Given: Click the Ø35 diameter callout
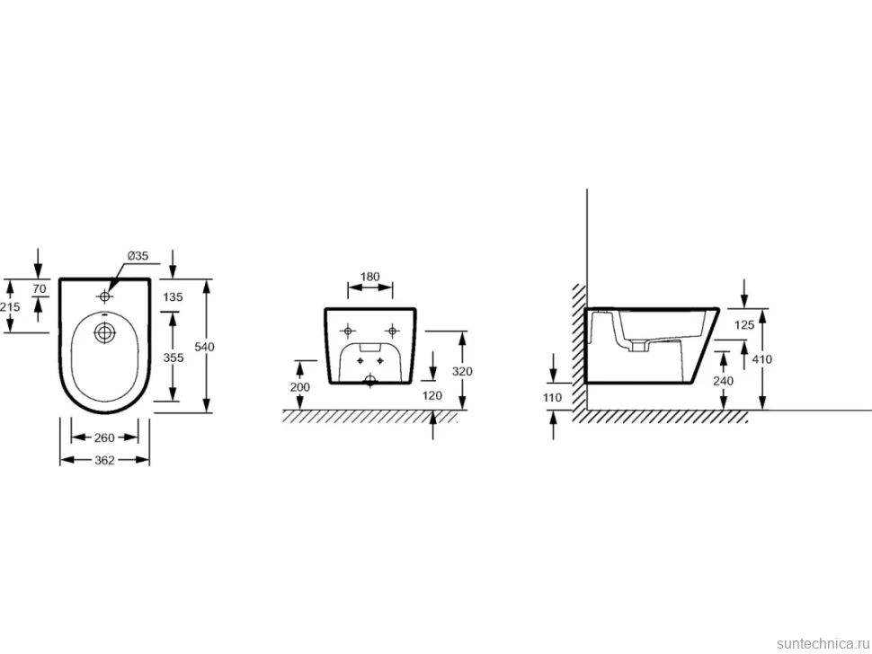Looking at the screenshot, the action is [x=138, y=256].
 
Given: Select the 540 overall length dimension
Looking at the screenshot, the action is [x=205, y=347].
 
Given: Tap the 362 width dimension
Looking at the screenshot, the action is [x=104, y=460].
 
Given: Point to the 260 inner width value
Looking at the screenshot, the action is [x=104, y=437].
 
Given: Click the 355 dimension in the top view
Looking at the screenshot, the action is [x=173, y=358].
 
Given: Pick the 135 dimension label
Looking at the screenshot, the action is [x=173, y=296].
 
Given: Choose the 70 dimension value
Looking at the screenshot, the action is [x=39, y=289].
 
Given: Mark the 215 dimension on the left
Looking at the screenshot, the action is [x=10, y=306].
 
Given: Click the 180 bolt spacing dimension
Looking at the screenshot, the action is [x=369, y=277].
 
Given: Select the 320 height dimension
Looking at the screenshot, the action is [x=462, y=371].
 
